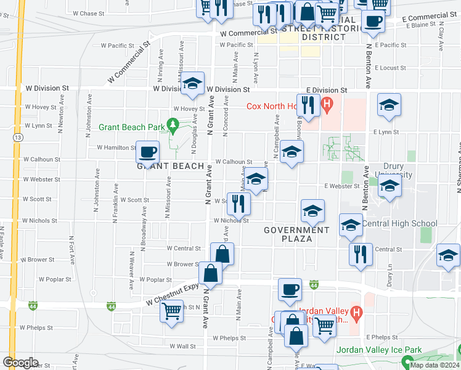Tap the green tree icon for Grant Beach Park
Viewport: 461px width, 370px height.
(x=174, y=128)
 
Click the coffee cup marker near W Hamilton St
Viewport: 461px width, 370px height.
(x=147, y=151)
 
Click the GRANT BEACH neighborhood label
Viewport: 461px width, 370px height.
(x=170, y=166)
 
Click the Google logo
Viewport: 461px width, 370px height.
(x=20, y=363)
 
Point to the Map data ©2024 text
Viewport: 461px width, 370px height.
(x=434, y=365)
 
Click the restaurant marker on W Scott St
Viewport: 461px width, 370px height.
(x=239, y=203)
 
